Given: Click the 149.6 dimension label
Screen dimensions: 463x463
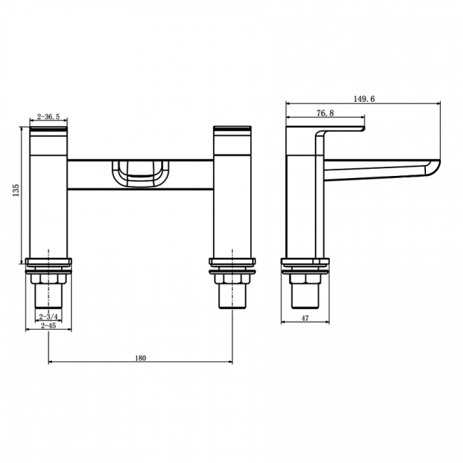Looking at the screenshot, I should pyautogui.click(x=363, y=99).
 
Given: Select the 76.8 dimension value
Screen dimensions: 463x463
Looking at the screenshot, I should pyautogui.click(x=326, y=113).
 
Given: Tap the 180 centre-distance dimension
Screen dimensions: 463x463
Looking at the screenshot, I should pyautogui.click(x=140, y=358).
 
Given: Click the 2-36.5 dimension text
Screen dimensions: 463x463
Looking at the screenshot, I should pyautogui.click(x=48, y=118).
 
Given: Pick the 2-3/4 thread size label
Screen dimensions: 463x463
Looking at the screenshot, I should pyautogui.click(x=48, y=315).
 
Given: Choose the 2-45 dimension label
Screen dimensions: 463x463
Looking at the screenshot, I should pyautogui.click(x=48, y=326).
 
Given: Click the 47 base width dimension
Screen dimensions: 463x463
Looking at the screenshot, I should pyautogui.click(x=305, y=318).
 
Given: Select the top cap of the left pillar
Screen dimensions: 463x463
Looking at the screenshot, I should pyautogui.click(x=48, y=131).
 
